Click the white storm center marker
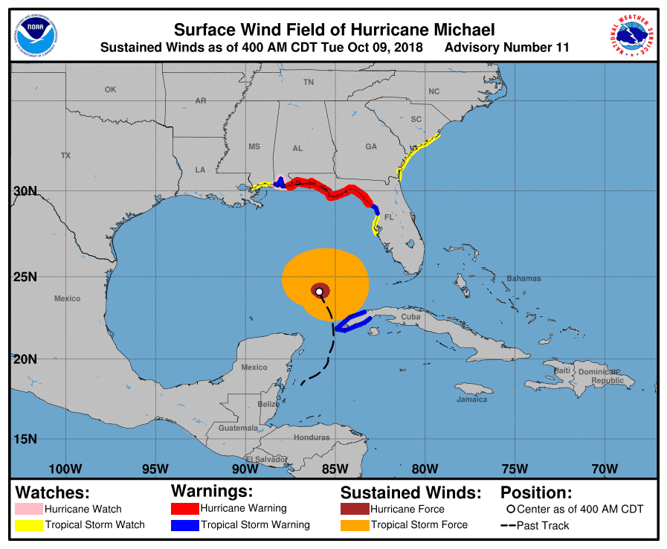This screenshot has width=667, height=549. [x=319, y=292]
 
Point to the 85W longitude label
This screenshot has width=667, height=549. [x=335, y=469]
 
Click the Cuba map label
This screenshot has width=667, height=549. [x=410, y=316]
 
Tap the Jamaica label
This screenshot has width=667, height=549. [x=471, y=399]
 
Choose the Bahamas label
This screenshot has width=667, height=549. [x=523, y=278]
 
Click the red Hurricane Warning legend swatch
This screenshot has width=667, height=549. [x=184, y=509]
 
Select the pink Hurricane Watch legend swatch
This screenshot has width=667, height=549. [x=29, y=510]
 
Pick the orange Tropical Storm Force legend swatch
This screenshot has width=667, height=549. [x=354, y=525]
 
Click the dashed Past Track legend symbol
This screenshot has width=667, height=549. [x=509, y=526]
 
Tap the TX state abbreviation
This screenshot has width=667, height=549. [x=65, y=155]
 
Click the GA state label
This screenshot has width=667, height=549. [x=370, y=147]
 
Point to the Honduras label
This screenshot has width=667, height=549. [x=311, y=437]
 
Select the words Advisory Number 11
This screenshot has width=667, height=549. [x=506, y=48]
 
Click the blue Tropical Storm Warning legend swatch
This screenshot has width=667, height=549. [x=184, y=525]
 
